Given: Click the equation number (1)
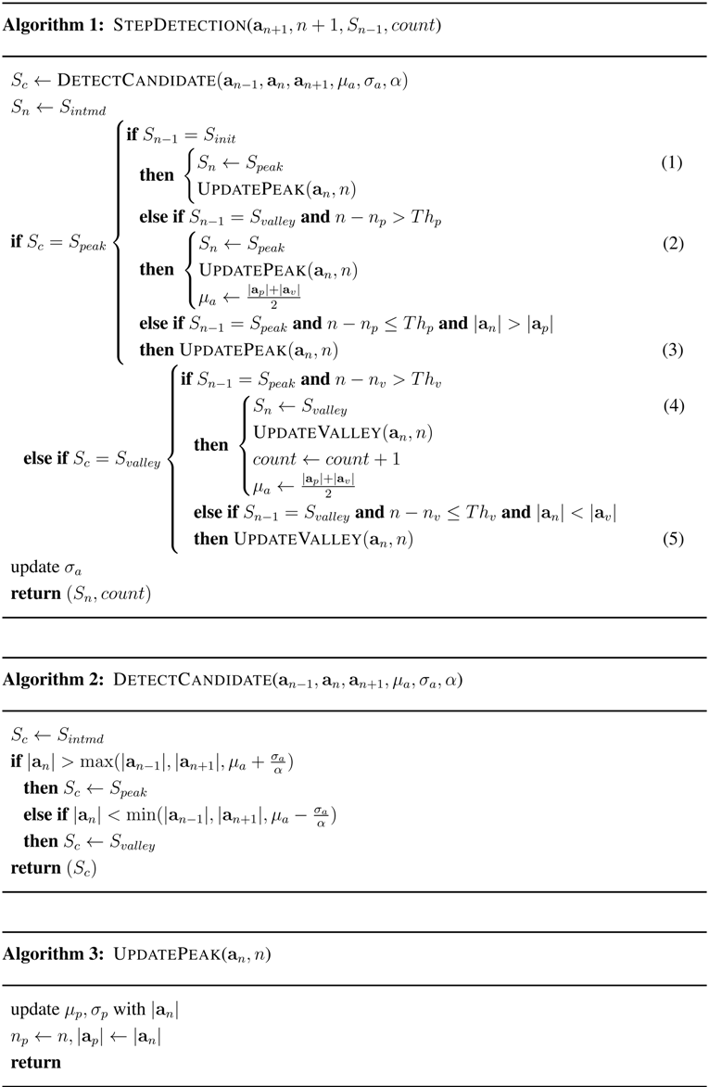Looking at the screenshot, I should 671,162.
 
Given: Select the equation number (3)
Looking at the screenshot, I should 671,350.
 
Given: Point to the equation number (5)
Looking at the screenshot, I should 671,538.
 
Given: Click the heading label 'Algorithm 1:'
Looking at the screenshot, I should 52,25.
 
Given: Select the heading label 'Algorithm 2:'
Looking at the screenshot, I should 52,680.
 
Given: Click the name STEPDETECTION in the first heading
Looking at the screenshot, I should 171,25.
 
